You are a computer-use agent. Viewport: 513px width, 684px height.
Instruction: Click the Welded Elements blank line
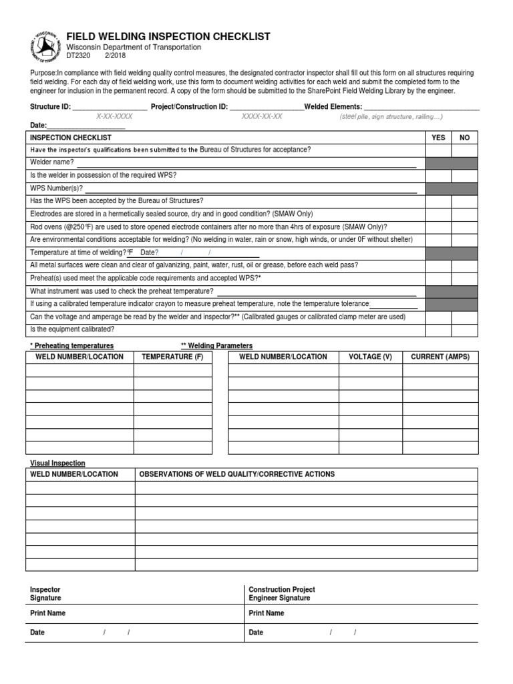pyautogui.click(x=421, y=107)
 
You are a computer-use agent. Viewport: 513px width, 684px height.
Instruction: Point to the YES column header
pyautogui.click(x=438, y=137)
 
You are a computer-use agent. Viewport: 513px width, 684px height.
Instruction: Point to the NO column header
pyautogui.click(x=465, y=137)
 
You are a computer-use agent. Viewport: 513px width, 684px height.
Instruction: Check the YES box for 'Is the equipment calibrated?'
pyautogui.click(x=438, y=329)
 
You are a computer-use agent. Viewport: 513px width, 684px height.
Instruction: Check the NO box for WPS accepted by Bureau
pyautogui.click(x=465, y=200)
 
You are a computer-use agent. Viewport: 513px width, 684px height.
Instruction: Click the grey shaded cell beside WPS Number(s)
pyautogui.click(x=452, y=188)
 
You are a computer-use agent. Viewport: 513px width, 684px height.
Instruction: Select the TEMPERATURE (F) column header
pyautogui.click(x=173, y=357)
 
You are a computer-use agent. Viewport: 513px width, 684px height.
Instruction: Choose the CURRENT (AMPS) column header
pyautogui.click(x=440, y=357)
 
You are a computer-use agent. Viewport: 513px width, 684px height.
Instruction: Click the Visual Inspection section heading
pyautogui.click(x=57, y=463)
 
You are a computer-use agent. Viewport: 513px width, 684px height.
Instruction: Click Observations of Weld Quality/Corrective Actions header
pyautogui.click(x=236, y=474)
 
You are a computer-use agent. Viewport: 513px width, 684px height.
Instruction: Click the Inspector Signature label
pyautogui.click(x=45, y=594)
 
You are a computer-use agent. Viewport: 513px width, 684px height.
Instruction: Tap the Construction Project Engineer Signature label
pyautogui.click(x=282, y=594)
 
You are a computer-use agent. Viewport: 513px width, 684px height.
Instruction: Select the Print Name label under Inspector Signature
pyautogui.click(x=48, y=613)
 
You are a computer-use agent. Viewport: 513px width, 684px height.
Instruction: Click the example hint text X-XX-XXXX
pyautogui.click(x=114, y=116)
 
